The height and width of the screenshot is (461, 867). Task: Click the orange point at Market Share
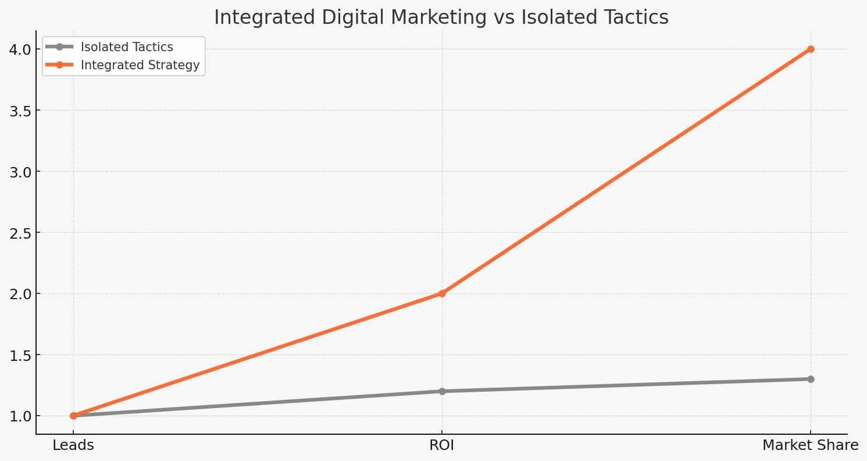(811, 49)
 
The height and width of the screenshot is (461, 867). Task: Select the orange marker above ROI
(442, 293)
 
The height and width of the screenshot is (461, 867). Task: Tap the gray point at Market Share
(811, 379)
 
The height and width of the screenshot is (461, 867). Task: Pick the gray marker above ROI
(442, 391)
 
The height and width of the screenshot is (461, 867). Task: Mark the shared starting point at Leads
(73, 416)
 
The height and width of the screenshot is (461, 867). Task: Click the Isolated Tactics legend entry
(127, 47)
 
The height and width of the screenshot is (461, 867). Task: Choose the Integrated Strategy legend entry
(140, 65)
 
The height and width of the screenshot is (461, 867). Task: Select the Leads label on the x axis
(73, 446)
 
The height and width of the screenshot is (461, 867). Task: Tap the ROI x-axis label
(442, 446)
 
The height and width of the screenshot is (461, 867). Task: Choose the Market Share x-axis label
(810, 446)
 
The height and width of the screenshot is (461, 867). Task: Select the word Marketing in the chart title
(430, 17)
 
